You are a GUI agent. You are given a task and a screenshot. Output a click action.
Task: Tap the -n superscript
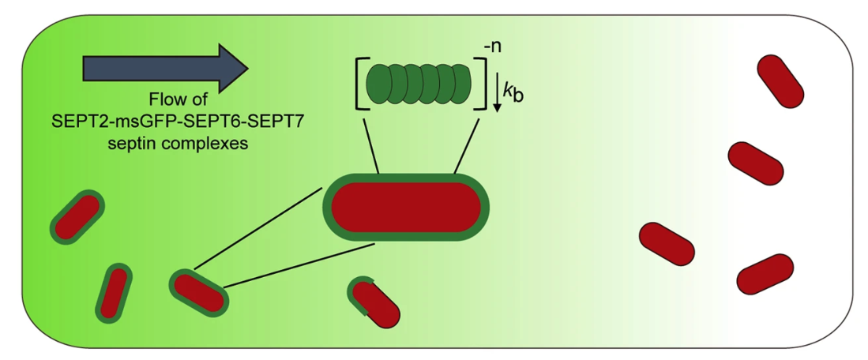click(x=495, y=49)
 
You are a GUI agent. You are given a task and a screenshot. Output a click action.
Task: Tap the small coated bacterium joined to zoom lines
click(x=199, y=292)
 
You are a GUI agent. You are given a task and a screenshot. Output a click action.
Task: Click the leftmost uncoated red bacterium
click(x=666, y=243)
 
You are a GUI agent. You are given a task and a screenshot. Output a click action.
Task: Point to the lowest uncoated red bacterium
click(x=764, y=274)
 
